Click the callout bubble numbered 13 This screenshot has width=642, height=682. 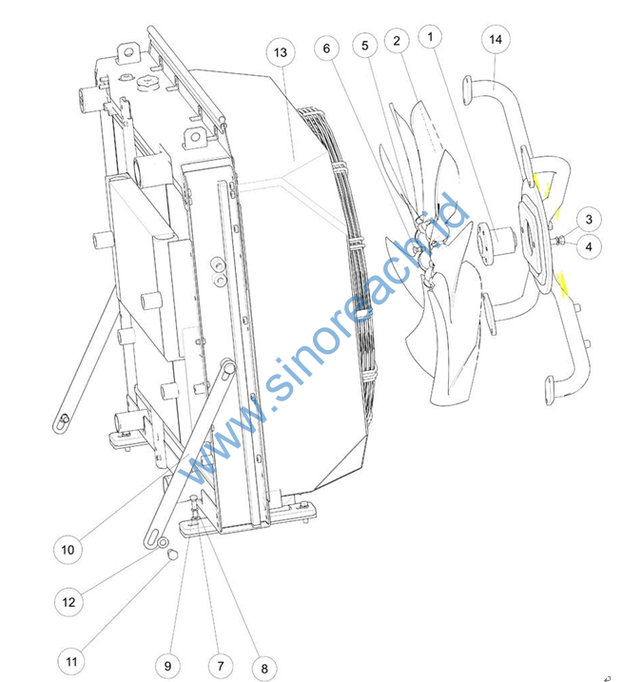(281, 52)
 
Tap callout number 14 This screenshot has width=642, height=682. (496, 40)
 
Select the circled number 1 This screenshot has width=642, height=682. (430, 36)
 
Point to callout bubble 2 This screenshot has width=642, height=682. (397, 41)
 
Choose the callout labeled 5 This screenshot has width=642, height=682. (365, 46)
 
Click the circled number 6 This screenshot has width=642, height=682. (326, 49)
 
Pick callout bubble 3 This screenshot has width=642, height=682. (589, 219)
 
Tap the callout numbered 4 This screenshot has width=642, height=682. (589, 246)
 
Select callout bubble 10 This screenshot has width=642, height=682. (68, 550)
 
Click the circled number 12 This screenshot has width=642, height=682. (68, 602)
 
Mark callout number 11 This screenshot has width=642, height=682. (71, 662)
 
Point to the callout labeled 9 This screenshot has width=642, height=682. (168, 666)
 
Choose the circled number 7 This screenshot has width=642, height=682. (221, 666)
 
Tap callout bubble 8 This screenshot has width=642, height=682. (264, 669)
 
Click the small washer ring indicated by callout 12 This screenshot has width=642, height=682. (163, 542)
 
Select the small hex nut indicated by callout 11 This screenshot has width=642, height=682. (172, 555)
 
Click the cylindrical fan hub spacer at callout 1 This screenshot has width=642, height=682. (496, 243)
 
